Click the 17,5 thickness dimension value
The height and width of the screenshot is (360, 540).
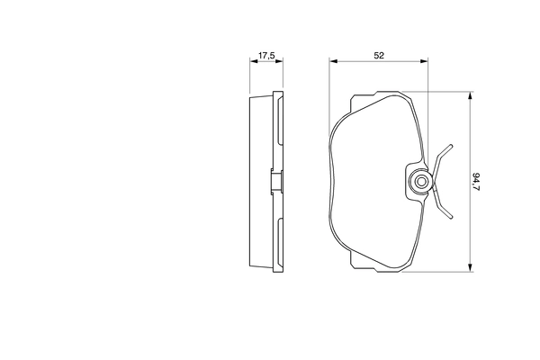265,56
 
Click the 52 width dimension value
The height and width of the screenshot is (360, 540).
379,56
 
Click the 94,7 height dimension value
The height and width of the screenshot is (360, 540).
476,181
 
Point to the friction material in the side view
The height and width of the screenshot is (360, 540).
260,180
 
